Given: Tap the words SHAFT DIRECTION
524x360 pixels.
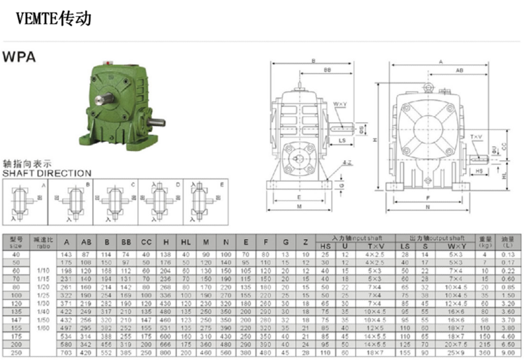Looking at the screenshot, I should pyautogui.click(x=47, y=173).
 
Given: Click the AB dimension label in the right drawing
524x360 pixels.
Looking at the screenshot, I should pyautogui.click(x=460, y=71).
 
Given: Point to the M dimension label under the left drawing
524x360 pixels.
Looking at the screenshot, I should pyautogui.click(x=299, y=207).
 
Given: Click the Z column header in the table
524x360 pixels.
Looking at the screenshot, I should pyautogui.click(x=305, y=242).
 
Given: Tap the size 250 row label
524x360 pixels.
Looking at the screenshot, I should pyautogui.click(x=17, y=354).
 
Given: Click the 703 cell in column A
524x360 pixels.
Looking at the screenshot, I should pyautogui.click(x=67, y=354).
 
